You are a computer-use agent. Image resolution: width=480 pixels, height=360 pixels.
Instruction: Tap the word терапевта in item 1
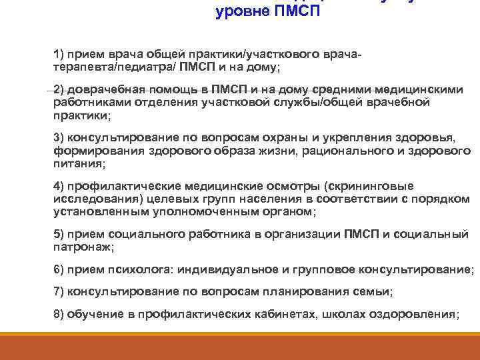[x=79, y=67]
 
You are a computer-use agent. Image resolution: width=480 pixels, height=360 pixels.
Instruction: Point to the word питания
[x=77, y=163]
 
